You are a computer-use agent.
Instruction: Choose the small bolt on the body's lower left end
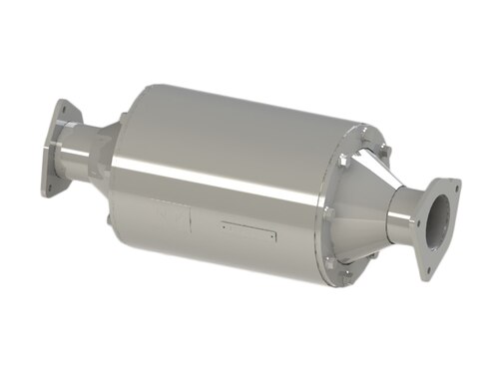pos(107,213)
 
